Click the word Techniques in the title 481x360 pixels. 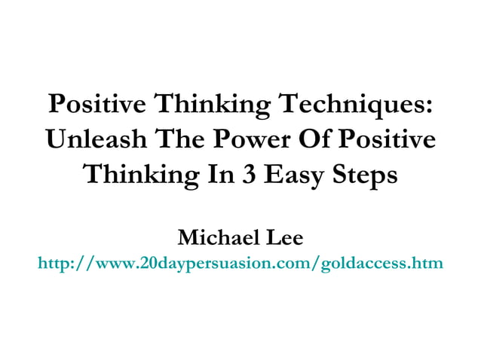pos(354,105)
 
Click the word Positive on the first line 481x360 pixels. pos(98,105)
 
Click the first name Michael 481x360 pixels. pos(218,239)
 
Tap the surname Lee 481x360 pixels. pos(283,239)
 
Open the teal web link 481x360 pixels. pos(240,264)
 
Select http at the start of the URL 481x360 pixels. pos(53,264)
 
